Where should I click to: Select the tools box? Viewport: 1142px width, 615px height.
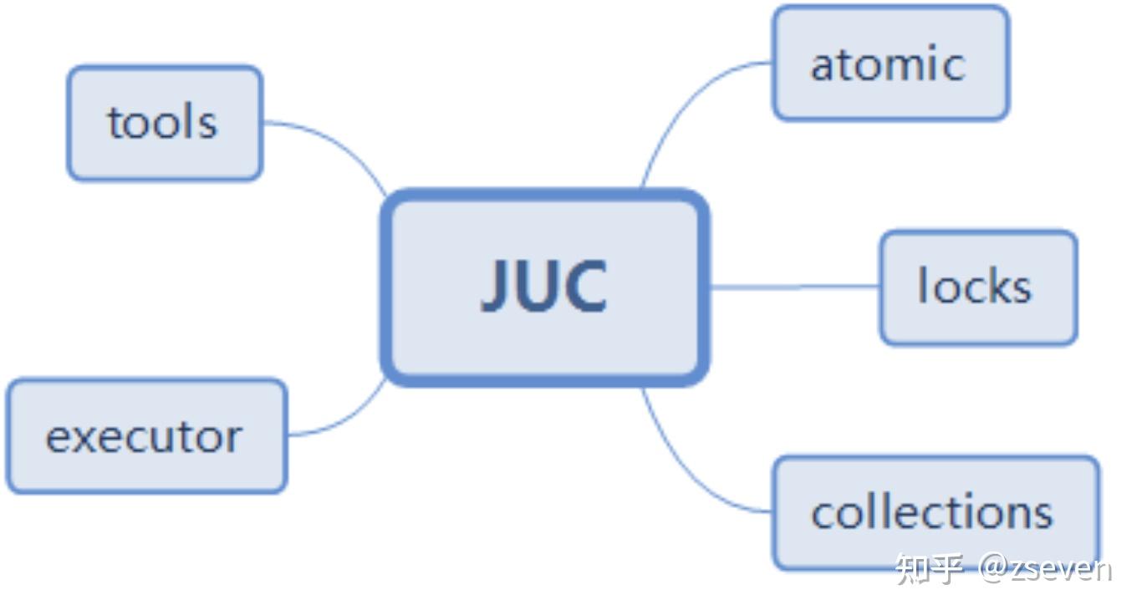pos(165,123)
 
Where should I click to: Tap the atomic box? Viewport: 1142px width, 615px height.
pos(890,64)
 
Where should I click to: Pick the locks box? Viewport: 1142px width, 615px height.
pos(977,287)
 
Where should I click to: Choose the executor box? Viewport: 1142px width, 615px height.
pos(145,436)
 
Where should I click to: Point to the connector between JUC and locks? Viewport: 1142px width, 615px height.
pos(794,287)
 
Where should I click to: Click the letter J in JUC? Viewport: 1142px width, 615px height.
pos(497,286)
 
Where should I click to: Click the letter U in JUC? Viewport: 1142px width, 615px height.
pos(540,287)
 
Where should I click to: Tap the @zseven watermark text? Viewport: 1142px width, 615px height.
pos(1045,569)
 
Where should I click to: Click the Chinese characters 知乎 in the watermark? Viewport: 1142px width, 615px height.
pos(929,569)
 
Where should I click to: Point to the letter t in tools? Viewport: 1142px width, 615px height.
pos(114,123)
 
